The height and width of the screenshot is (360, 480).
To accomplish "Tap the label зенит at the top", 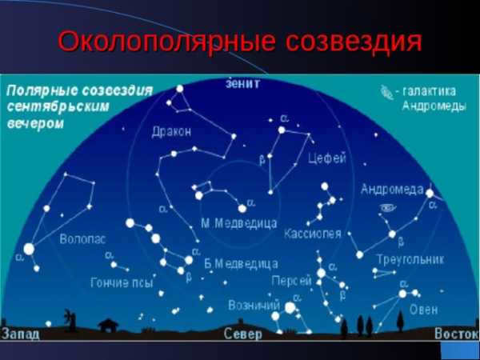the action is point(242,83).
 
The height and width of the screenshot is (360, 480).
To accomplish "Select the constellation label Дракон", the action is point(171,132).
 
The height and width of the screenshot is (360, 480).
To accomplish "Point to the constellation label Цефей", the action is point(327,158).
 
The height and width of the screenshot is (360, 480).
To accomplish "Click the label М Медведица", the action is point(239,223).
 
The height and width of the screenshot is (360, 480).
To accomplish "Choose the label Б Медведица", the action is point(242,264).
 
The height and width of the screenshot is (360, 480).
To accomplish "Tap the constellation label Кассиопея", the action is point(313,234).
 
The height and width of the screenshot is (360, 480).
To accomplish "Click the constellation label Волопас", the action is point(82,238).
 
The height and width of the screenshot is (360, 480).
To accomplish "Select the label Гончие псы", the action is point(122,282).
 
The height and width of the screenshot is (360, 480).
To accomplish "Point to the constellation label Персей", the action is point(291,281).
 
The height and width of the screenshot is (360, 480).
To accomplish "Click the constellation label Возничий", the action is point(254,305).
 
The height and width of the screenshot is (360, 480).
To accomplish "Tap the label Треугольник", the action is point(410,259).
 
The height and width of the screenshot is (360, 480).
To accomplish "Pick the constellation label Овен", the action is point(424,310).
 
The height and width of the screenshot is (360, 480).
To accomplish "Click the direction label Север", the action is point(242,334).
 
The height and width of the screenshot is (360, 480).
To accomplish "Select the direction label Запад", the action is point(21,334).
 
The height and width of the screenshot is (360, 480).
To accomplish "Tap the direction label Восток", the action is point(457,334).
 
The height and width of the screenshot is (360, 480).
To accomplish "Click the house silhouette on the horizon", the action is point(108,325).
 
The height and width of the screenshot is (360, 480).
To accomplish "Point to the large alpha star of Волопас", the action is point(29,249).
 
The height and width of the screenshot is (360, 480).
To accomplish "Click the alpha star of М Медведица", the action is point(242,209).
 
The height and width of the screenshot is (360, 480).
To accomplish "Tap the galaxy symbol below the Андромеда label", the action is point(388,208).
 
